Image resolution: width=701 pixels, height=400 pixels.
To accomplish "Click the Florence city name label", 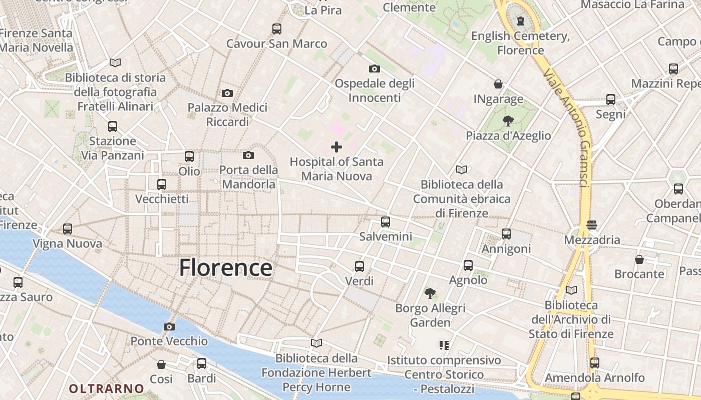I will click(226, 268).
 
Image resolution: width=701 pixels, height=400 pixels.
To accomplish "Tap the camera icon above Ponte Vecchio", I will click(169, 327).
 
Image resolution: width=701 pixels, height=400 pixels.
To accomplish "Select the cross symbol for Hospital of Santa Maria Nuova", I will click(336, 147).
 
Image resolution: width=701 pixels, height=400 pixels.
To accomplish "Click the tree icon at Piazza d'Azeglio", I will click(508, 120).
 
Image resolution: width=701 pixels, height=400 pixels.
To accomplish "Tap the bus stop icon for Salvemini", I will click(385, 222).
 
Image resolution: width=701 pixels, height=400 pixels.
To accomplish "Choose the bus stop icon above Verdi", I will click(360, 266).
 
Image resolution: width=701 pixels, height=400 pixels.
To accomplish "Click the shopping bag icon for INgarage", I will click(498, 84).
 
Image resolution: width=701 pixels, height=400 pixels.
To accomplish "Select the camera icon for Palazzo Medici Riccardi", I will click(227, 93).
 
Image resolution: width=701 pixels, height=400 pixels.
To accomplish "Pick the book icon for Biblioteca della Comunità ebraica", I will click(461, 170).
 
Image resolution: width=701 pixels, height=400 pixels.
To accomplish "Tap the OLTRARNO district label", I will click(106, 388).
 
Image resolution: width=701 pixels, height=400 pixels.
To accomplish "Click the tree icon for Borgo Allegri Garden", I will click(430, 293).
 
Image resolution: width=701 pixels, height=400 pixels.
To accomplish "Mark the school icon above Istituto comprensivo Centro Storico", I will click(444, 345).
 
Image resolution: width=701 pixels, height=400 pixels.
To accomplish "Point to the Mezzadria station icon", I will click(592, 224).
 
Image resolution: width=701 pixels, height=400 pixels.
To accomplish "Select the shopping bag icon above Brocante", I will click(639, 259).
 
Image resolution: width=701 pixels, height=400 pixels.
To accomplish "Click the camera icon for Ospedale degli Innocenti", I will click(374, 69).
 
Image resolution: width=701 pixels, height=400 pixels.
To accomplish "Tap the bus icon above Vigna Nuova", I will click(68, 229).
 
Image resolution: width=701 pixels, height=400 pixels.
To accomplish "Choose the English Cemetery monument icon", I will click(521, 21).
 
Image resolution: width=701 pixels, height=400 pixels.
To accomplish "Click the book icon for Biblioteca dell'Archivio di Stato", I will click(571, 290).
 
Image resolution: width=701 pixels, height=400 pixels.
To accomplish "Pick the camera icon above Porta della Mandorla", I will click(248, 155).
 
